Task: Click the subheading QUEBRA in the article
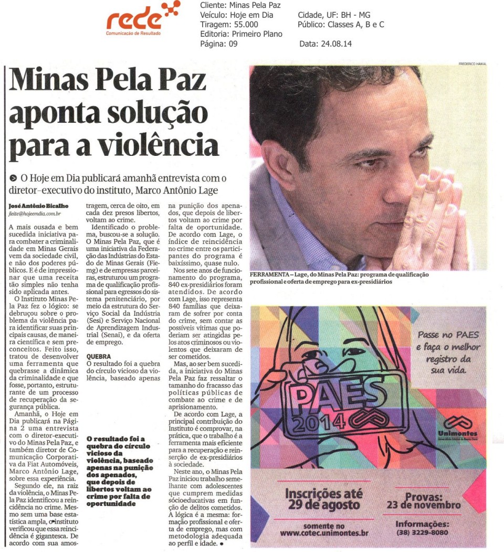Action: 98,355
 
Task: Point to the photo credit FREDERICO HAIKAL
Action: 472,63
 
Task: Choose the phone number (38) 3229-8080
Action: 422,533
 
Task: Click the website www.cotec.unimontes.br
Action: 324,533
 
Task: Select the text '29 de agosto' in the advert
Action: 324,505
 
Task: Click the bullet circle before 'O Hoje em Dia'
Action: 13,178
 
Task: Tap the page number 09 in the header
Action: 233,44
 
